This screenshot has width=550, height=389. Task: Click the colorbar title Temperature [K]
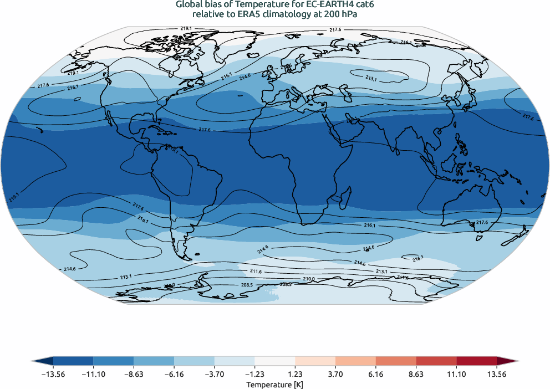(275, 384)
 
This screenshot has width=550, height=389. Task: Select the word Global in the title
(189, 5)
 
